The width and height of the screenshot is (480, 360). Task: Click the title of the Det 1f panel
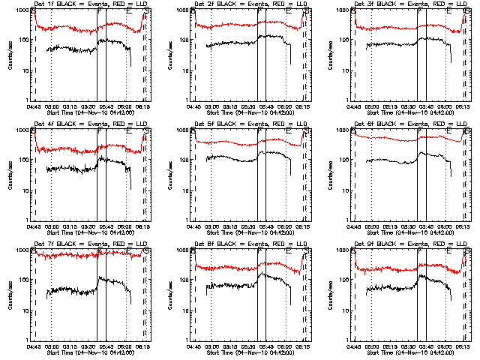click(91, 4)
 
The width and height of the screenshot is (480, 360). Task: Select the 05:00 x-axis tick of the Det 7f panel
click(51, 346)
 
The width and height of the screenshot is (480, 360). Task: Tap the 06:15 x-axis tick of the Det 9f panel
click(463, 346)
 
